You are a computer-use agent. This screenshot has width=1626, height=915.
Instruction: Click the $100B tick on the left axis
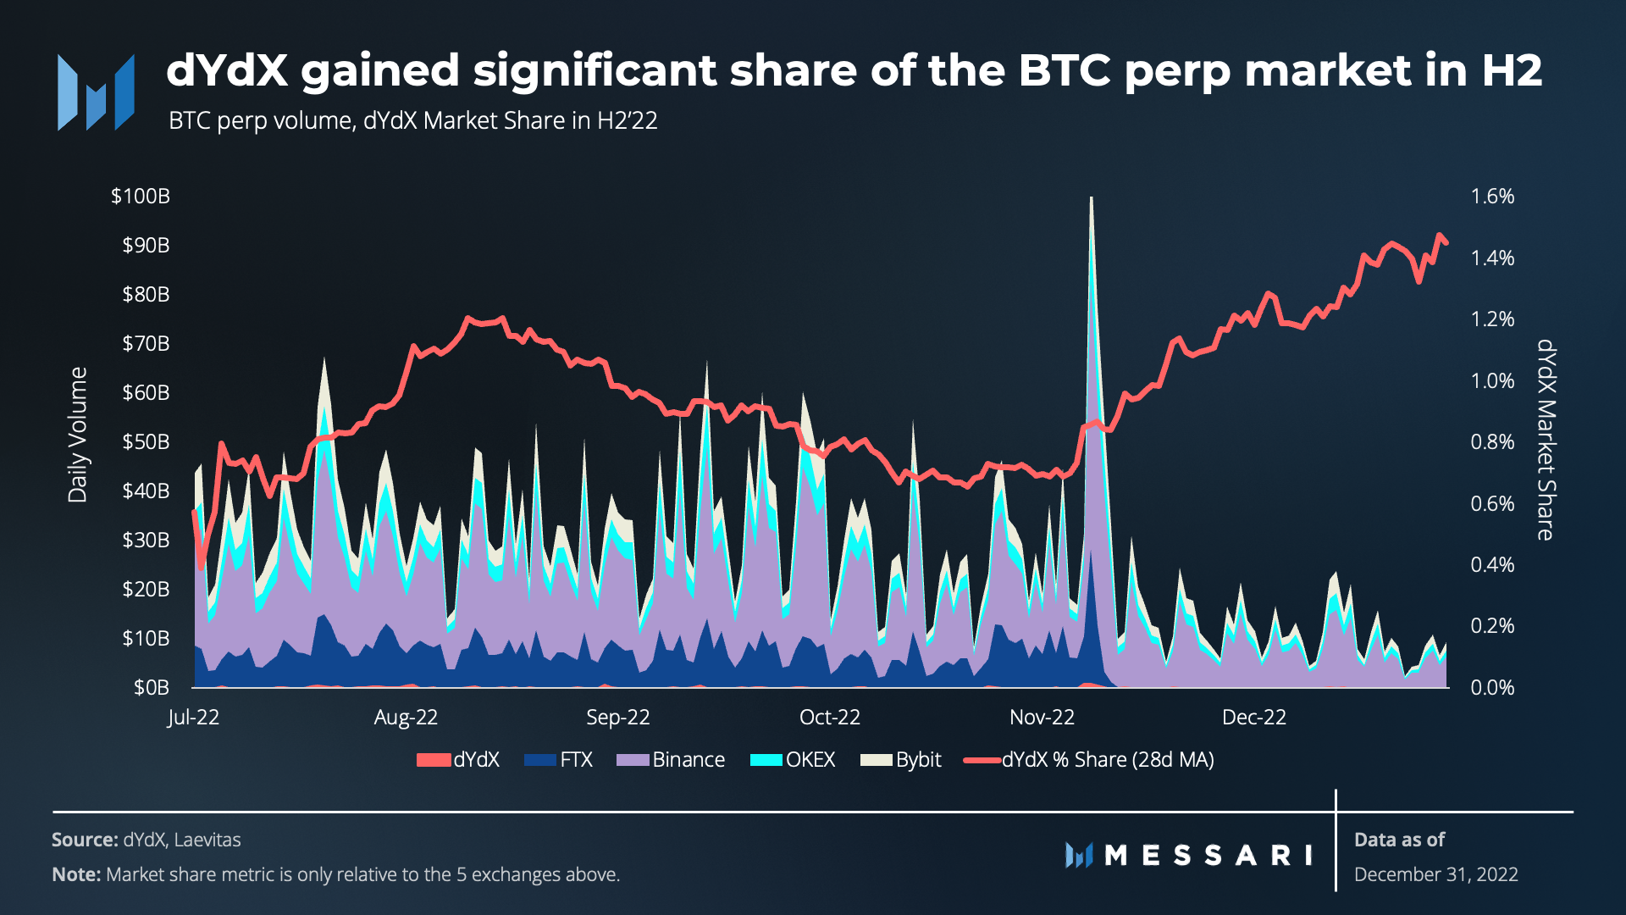[x=141, y=197]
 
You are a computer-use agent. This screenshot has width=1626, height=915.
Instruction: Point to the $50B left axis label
[x=146, y=442]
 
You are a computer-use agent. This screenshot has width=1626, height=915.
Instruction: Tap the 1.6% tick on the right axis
[x=1492, y=197]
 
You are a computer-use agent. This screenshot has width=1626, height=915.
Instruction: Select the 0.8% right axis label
[x=1492, y=442]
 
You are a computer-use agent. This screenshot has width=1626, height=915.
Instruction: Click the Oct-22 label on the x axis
[x=829, y=718]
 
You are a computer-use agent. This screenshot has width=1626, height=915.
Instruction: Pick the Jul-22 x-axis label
[x=193, y=718]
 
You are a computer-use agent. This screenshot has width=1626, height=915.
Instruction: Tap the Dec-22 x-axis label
[x=1253, y=718]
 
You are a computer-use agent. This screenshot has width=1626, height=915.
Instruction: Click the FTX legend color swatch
[x=539, y=760]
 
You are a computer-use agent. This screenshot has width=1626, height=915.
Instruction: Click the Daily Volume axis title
[x=78, y=435]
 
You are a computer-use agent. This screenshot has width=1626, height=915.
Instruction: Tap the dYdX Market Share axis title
[x=1546, y=440]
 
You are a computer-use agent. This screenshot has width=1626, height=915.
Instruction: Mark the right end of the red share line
[x=1446, y=243]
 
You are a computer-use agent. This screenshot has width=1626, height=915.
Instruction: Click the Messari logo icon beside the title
[x=96, y=92]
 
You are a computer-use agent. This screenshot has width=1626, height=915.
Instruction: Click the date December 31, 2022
[x=1435, y=874]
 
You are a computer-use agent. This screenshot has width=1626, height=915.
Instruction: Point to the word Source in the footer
[x=84, y=840]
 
